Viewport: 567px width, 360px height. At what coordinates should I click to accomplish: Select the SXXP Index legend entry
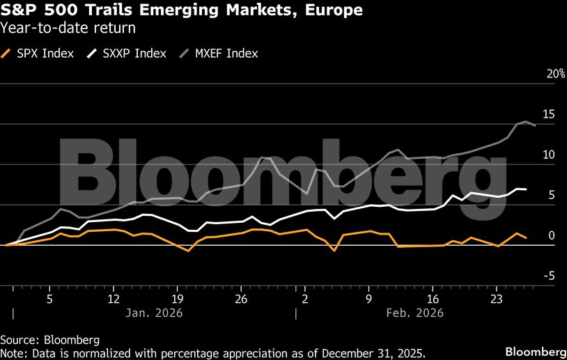tap(132, 54)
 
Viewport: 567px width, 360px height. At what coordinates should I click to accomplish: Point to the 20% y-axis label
tap(555, 74)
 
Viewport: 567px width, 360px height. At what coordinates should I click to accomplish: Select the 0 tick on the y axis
tap(552, 236)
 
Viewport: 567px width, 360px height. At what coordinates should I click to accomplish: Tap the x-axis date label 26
tap(241, 299)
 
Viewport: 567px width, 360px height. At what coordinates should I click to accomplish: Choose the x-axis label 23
tap(496, 299)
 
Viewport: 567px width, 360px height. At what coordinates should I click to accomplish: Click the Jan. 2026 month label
tap(154, 313)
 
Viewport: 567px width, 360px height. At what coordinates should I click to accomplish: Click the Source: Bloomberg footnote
tap(49, 340)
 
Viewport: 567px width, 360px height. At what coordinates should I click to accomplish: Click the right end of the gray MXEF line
tap(535, 125)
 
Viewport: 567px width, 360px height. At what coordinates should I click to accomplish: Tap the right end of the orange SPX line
tap(526, 238)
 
